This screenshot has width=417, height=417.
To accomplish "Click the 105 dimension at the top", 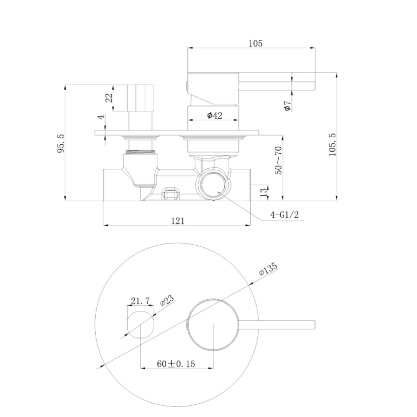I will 255,43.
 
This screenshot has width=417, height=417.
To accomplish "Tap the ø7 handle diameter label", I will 287,105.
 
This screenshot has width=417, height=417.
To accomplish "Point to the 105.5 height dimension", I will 333,144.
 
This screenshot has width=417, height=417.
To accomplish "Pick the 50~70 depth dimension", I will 279,160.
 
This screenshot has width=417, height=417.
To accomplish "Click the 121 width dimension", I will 177,221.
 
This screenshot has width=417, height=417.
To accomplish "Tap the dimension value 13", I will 263,191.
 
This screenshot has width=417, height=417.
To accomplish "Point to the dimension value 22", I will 109,97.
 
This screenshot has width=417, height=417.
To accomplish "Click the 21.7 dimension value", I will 140,299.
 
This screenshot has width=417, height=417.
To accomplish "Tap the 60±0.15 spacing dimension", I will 176,364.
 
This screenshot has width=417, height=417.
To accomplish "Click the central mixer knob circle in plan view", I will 213,324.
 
